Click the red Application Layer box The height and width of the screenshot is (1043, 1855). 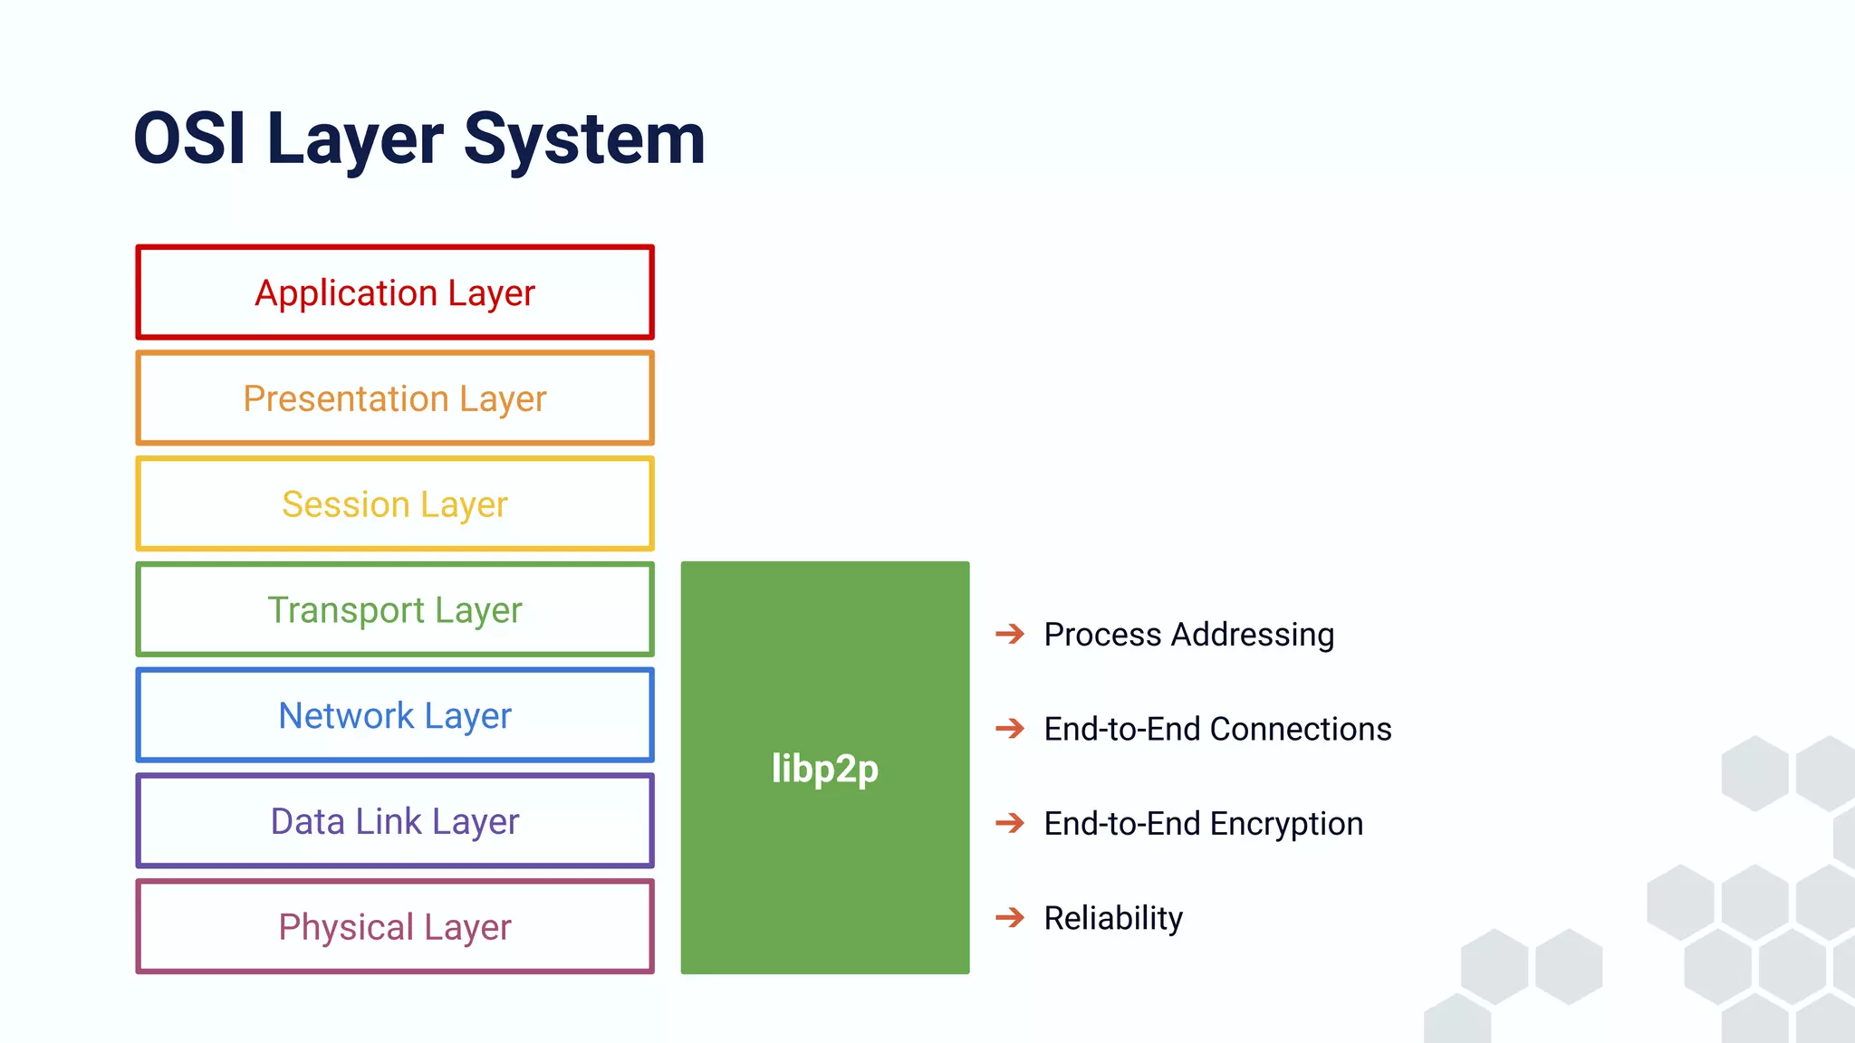[395, 292]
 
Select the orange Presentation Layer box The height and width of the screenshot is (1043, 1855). [395, 398]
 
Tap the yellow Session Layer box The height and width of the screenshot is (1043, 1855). [395, 504]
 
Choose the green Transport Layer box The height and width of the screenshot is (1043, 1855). [395, 609]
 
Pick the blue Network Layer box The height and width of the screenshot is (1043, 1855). [395, 715]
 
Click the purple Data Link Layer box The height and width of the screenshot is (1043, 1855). [395, 821]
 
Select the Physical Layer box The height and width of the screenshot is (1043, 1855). [395, 927]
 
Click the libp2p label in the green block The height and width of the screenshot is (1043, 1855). [824, 769]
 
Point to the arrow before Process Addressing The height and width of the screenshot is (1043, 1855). [1010, 634]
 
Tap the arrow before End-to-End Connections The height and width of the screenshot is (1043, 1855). [1010, 729]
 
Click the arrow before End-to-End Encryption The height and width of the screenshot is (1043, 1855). [1010, 823]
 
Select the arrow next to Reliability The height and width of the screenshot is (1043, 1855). [1010, 918]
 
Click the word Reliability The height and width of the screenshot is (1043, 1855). [1113, 918]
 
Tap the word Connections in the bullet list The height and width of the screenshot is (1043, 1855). [1300, 729]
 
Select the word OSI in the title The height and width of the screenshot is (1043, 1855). [189, 139]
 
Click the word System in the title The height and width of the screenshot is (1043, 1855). [584, 139]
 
